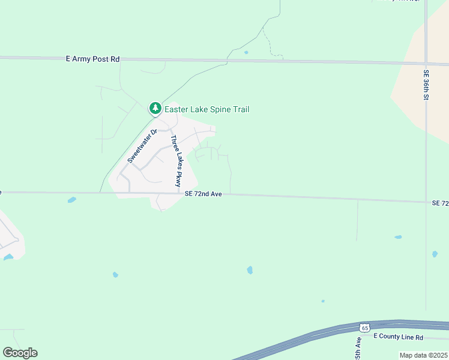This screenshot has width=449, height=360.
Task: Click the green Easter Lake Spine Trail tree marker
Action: [155, 109]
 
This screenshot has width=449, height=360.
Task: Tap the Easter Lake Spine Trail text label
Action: [206, 109]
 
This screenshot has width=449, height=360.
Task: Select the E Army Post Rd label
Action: [92, 59]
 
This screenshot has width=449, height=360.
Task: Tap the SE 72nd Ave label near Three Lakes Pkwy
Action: [203, 194]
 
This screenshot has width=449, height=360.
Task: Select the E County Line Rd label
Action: [399, 337]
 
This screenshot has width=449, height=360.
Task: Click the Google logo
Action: [20, 353]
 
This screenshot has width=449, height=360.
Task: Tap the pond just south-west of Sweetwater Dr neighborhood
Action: [72, 200]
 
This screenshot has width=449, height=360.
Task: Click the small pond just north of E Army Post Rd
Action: [246, 52]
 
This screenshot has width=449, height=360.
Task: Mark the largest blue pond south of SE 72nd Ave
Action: [250, 271]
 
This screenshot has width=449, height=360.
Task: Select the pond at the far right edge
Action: [435, 254]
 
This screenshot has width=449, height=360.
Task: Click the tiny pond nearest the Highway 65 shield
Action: [323, 301]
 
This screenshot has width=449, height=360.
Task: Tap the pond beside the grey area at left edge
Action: [8, 257]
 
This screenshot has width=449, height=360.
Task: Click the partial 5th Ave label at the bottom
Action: [358, 348]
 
